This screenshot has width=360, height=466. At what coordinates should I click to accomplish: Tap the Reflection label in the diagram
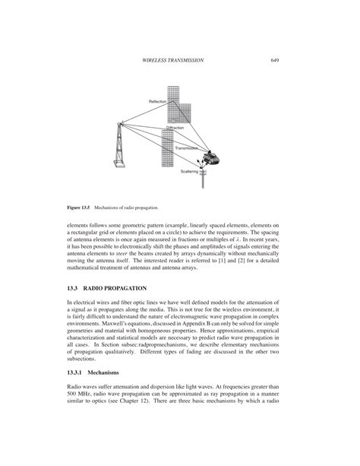point(158,101)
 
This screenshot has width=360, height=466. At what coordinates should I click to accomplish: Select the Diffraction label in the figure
point(175,128)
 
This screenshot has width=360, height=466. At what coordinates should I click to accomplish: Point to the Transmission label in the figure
point(187,148)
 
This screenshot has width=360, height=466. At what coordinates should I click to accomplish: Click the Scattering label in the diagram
point(189,172)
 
